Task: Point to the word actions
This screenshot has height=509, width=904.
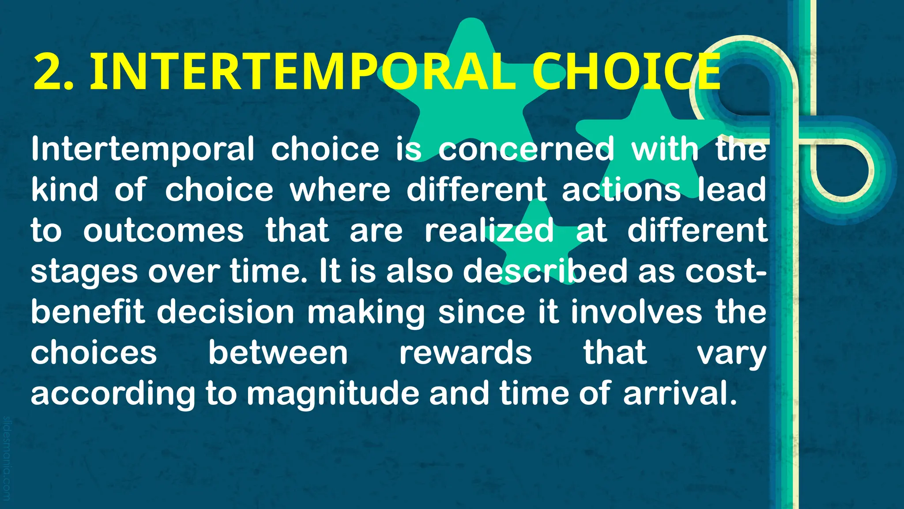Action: [621, 190]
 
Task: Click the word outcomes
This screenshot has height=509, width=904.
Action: [163, 230]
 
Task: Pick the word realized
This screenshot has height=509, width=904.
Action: [489, 230]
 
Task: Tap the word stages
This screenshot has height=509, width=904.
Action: [84, 271]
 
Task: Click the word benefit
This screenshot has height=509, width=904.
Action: [87, 311]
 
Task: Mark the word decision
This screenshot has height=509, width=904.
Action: [225, 311]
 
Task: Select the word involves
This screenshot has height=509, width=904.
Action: [636, 311]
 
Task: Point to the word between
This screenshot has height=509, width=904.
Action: [278, 352]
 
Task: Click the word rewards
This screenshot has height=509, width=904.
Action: [466, 352]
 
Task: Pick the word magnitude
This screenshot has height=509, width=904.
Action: [333, 393]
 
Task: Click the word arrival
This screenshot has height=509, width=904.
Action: [680, 393]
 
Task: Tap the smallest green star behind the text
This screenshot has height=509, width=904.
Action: [536, 243]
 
